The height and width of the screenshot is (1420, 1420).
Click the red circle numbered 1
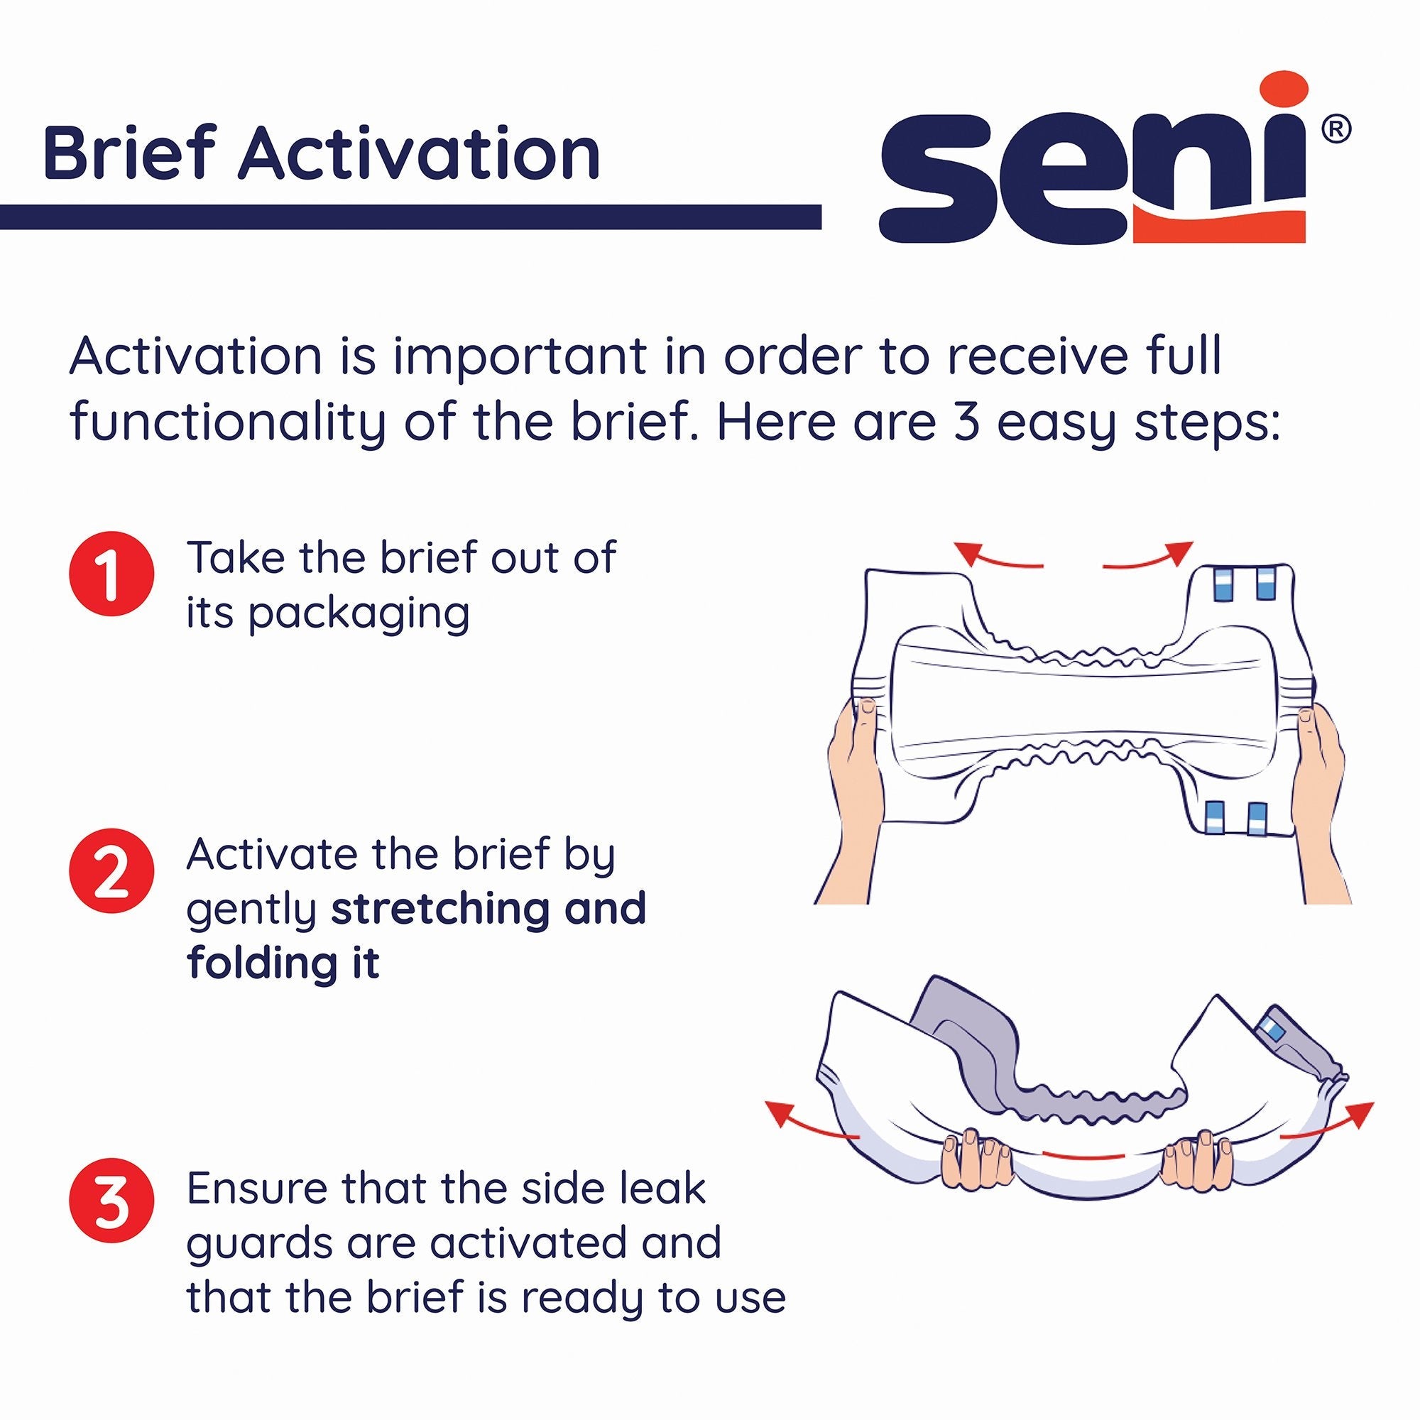click(111, 574)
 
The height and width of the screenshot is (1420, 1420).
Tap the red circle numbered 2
click(111, 871)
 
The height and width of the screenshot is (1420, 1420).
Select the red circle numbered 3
click(111, 1203)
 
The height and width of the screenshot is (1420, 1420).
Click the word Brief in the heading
click(132, 153)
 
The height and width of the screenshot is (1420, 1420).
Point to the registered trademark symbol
click(1336, 130)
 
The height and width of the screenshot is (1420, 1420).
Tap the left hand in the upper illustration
click(856, 779)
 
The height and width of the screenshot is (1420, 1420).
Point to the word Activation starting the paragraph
click(195, 357)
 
